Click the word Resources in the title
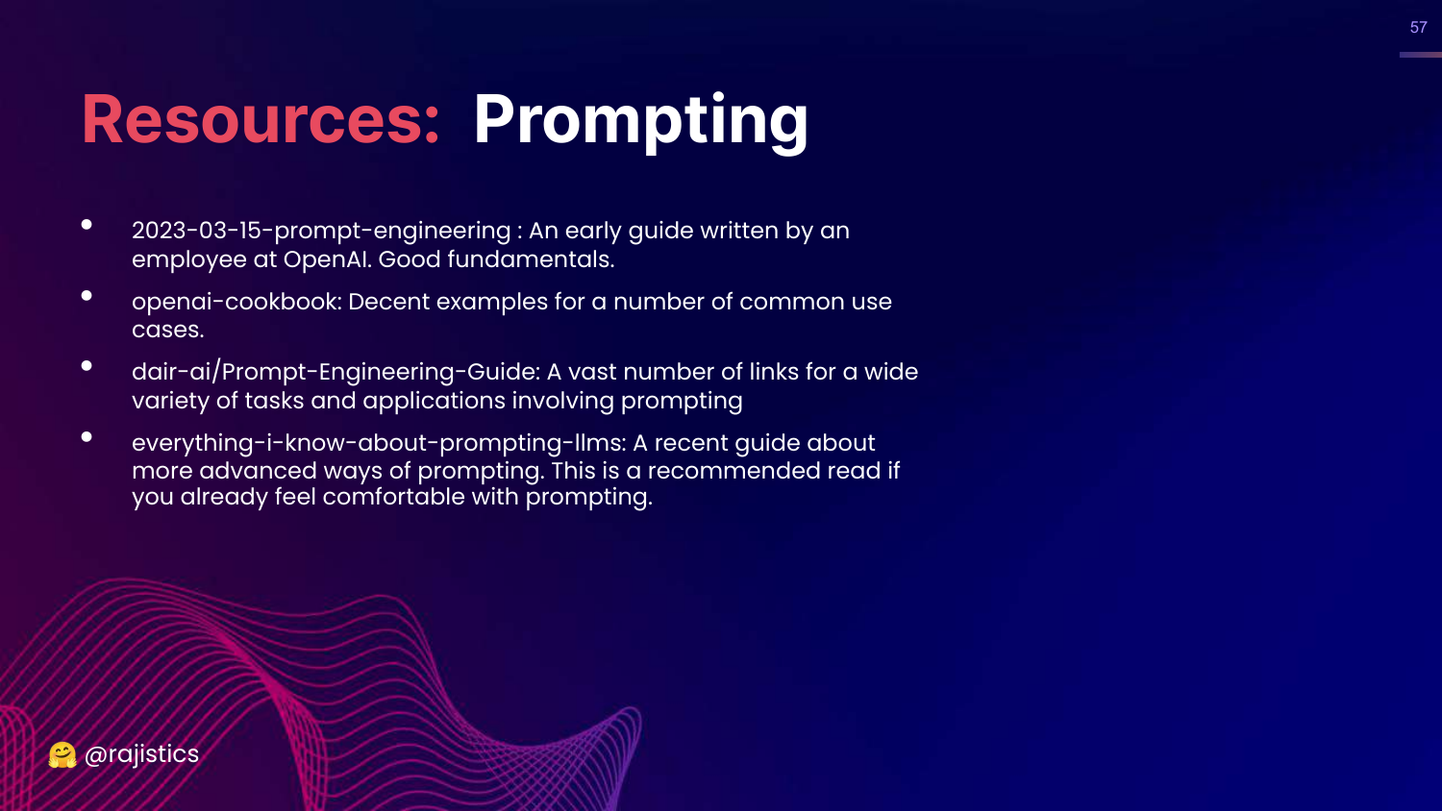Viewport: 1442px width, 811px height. pos(252,120)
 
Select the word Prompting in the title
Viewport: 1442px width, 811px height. pos(640,122)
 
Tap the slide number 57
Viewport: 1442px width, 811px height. pos(1418,28)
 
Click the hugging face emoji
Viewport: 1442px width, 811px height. pos(62,754)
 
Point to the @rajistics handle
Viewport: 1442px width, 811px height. pos(141,754)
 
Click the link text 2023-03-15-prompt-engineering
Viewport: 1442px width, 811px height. pos(321,231)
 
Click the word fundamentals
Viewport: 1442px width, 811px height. pos(531,259)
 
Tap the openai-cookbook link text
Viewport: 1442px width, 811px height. pos(236,302)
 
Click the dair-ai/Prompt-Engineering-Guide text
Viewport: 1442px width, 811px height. pos(336,372)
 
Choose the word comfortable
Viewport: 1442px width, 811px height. pos(393,497)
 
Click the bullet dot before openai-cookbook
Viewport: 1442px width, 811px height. pos(87,296)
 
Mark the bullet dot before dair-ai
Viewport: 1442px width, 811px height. pos(87,366)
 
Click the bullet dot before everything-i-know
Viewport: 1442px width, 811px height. pos(87,437)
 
